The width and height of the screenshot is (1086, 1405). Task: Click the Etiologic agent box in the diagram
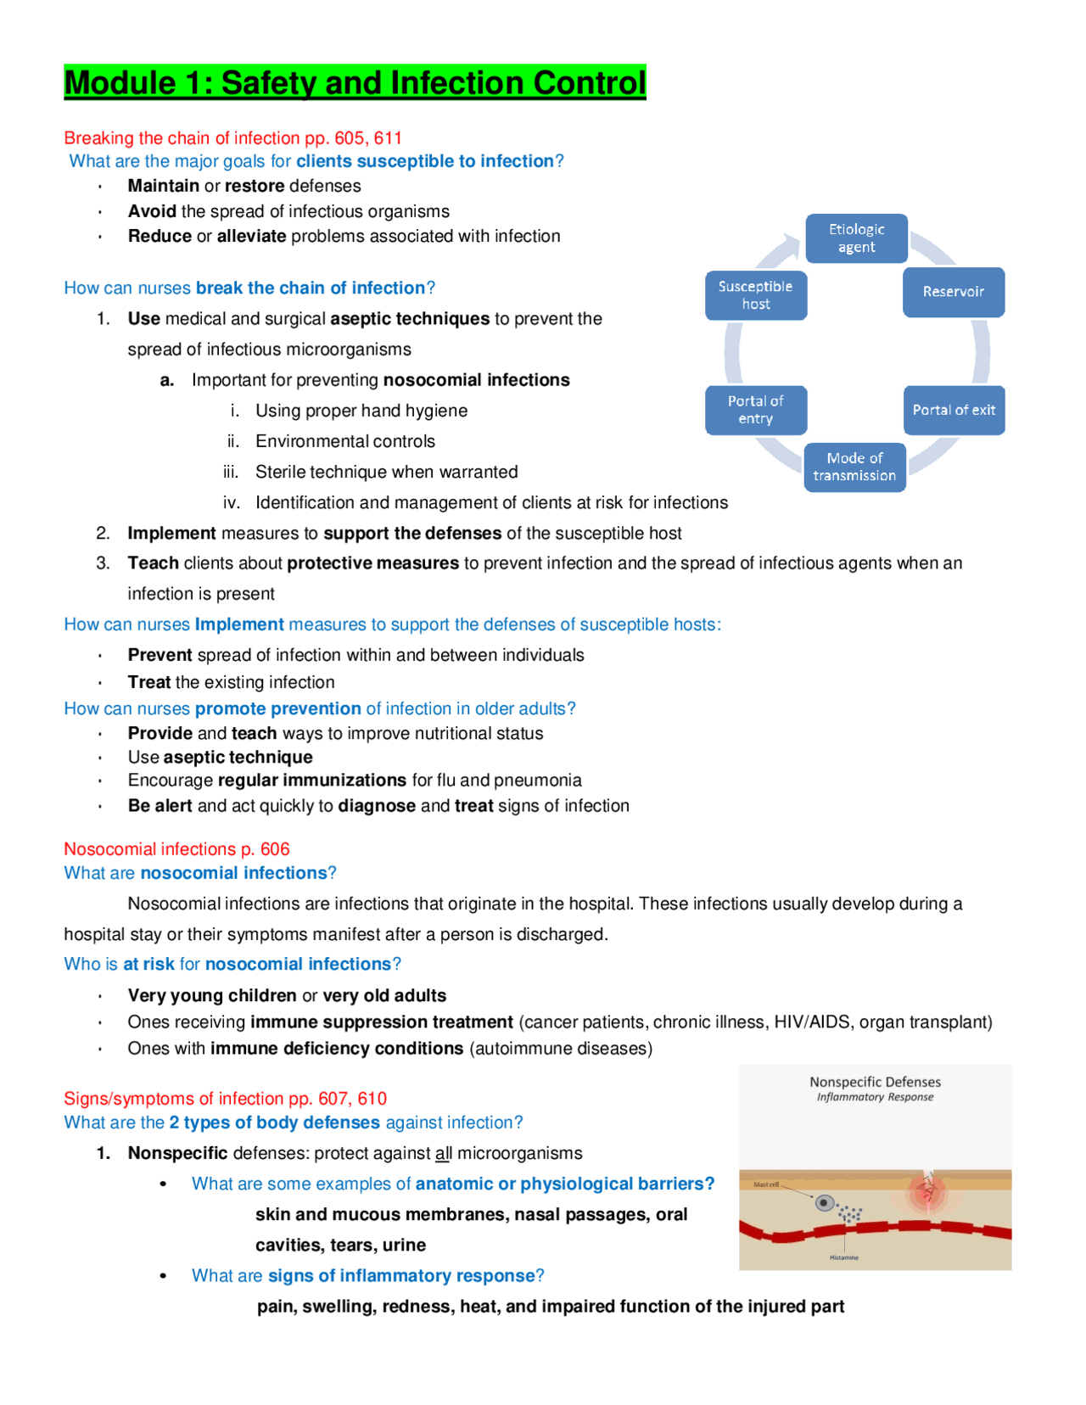(856, 238)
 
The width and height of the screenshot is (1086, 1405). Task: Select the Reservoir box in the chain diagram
(953, 292)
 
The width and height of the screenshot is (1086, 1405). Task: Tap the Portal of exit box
(953, 410)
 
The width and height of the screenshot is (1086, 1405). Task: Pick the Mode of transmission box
(854, 467)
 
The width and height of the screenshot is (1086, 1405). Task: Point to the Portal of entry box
(755, 410)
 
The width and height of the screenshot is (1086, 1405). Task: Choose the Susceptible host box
(755, 295)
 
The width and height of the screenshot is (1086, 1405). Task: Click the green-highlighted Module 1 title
(355, 82)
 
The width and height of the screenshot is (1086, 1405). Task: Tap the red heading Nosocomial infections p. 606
(176, 849)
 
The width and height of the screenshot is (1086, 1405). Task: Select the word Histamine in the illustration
(843, 1257)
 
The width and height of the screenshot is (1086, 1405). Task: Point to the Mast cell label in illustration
(765, 1184)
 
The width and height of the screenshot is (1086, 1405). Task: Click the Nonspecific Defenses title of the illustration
(875, 1082)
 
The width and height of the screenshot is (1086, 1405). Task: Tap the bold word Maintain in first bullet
(163, 186)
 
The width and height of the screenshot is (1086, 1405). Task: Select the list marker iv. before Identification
(232, 502)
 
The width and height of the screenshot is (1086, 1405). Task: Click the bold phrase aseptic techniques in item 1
(409, 319)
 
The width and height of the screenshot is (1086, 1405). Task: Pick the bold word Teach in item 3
(153, 563)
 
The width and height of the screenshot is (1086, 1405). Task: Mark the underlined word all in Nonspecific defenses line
(443, 1153)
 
